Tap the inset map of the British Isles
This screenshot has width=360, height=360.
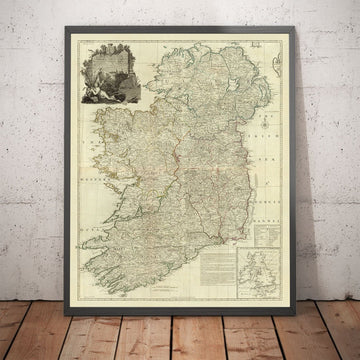[268, 255]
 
